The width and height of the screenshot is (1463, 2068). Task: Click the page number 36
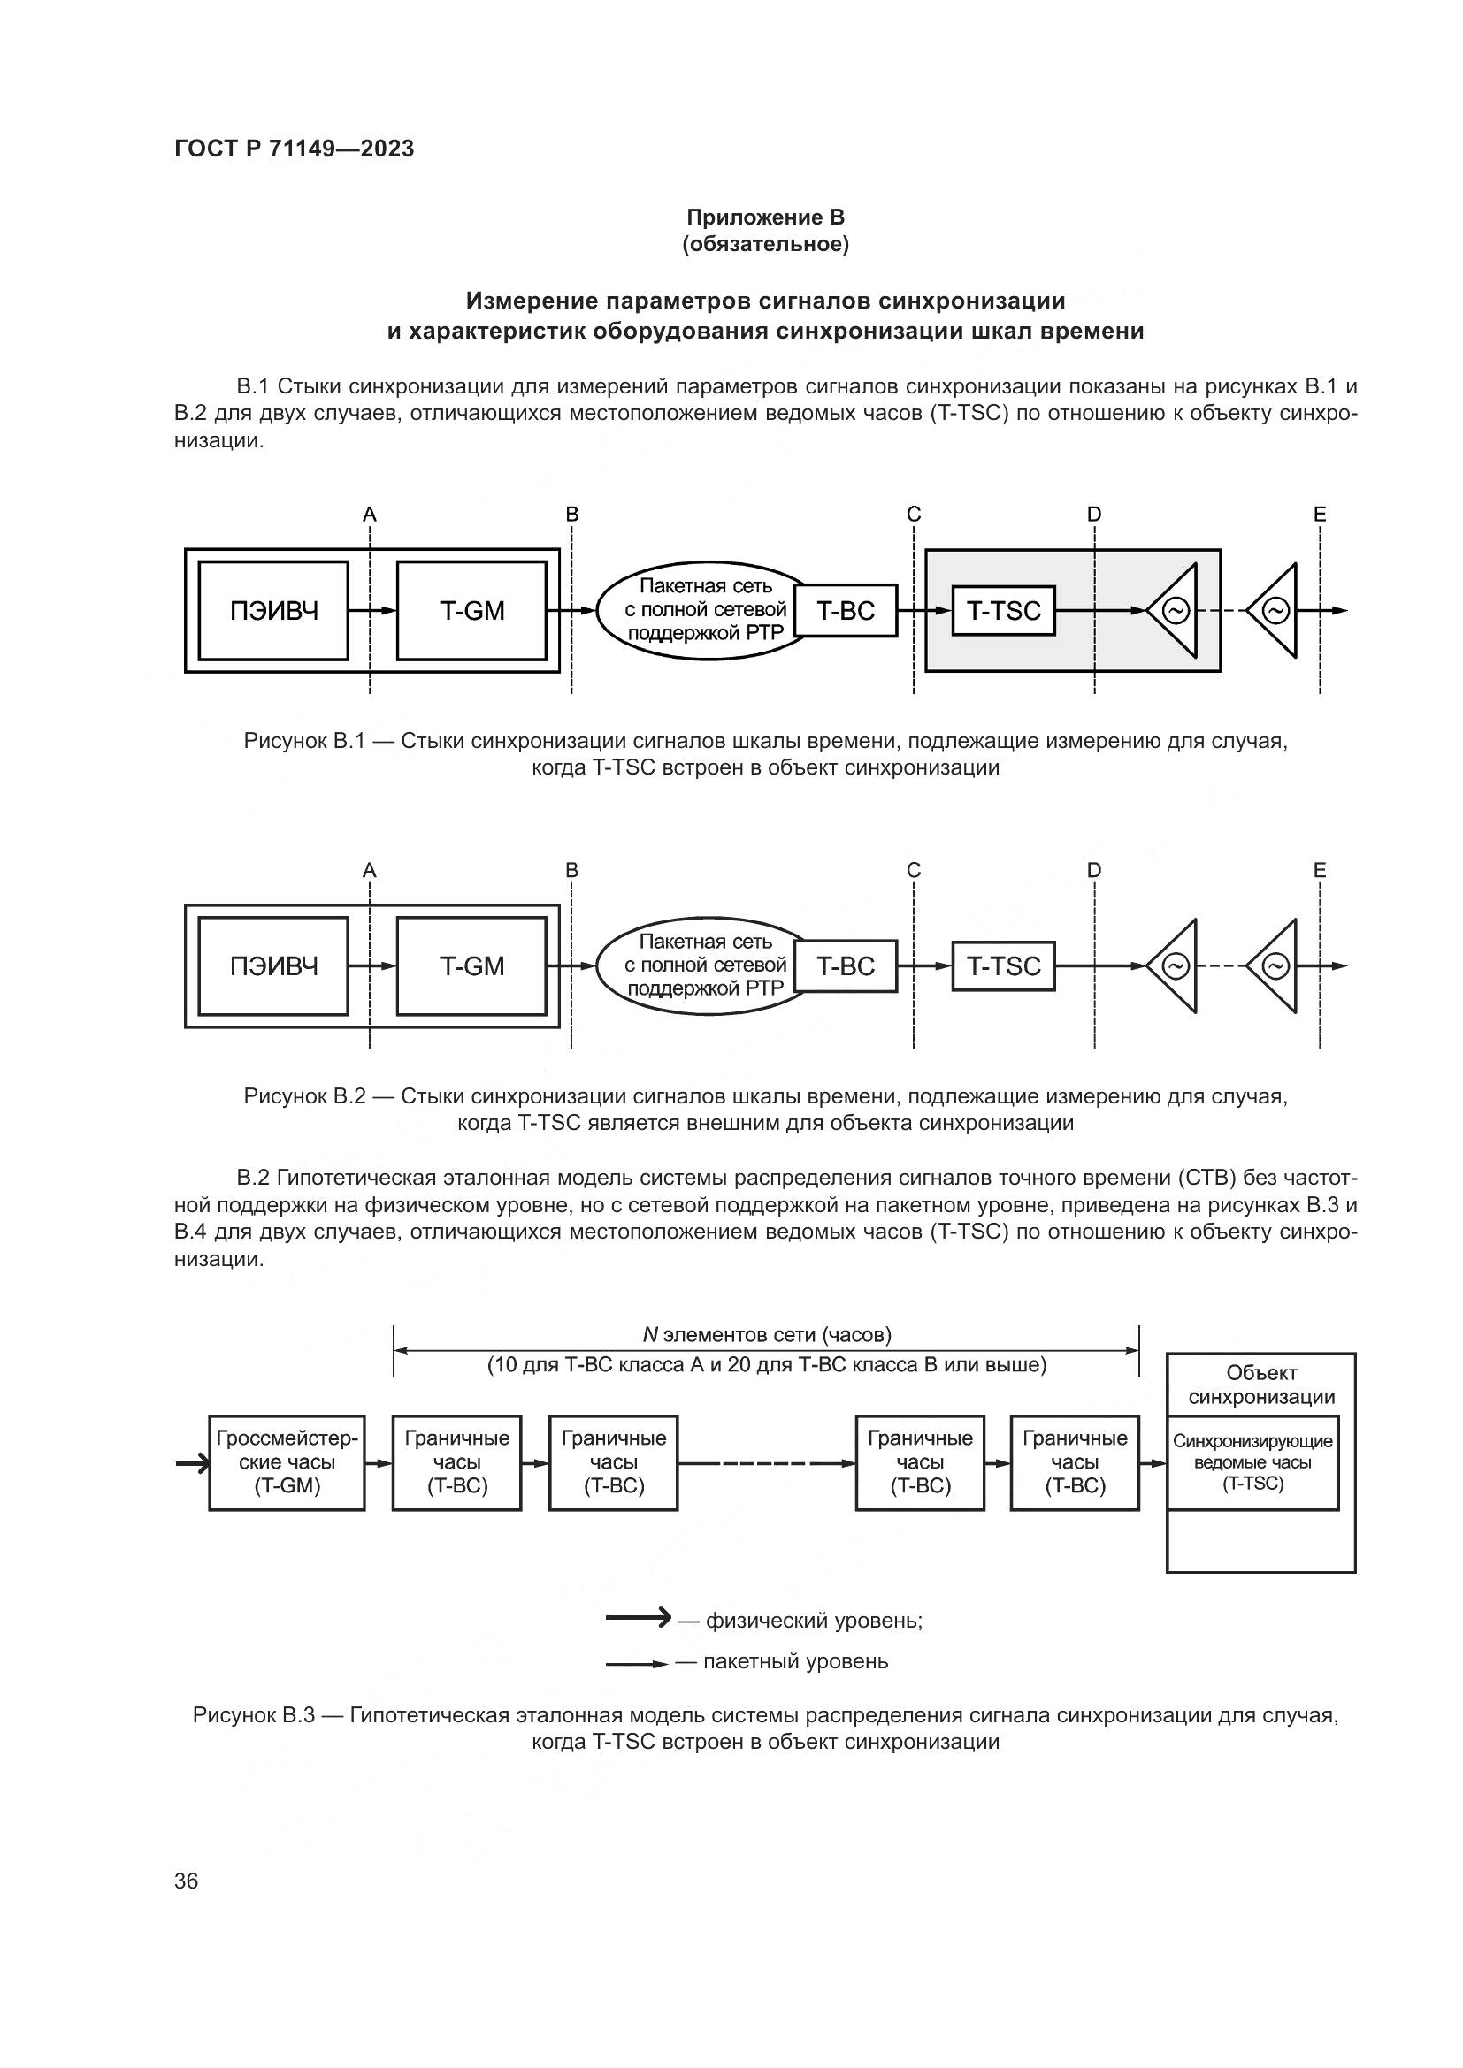pos(186,1880)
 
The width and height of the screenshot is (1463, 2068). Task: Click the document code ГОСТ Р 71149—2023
pos(294,149)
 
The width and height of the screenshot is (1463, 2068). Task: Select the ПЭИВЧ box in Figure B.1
pos(273,611)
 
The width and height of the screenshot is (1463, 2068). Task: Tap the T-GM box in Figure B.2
pos(471,965)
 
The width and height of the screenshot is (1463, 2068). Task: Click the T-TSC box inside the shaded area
pos(1003,611)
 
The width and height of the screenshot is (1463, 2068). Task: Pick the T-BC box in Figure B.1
pos(845,611)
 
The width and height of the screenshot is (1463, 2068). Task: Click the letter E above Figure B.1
pos(1319,515)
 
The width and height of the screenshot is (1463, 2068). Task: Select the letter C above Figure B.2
pos(914,870)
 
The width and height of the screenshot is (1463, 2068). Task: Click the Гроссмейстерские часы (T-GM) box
pos(287,1461)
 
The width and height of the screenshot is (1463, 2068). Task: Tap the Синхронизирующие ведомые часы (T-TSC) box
pos(1252,1461)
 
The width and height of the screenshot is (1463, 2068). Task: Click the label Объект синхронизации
pos(1260,1385)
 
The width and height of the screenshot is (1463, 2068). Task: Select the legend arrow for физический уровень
pos(638,1621)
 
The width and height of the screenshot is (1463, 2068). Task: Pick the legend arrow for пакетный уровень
pos(636,1664)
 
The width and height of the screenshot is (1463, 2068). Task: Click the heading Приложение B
pos(765,217)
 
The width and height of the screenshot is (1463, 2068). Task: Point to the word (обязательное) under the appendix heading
pos(765,244)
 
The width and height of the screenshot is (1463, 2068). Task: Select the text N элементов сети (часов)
pos(766,1334)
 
